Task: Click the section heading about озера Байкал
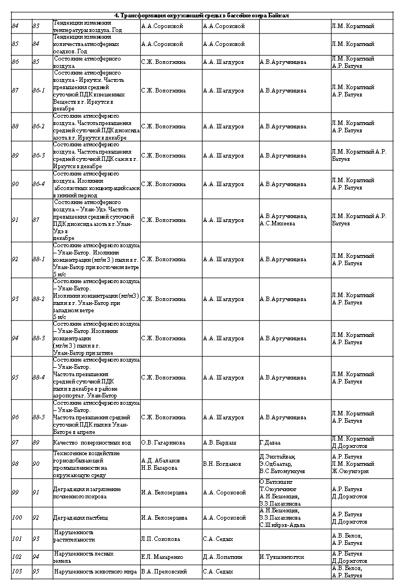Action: tap(202, 15)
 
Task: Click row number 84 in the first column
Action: tap(15, 26)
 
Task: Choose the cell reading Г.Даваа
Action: tap(270, 442)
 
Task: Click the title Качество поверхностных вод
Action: tap(92, 442)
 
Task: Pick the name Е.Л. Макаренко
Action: tap(163, 557)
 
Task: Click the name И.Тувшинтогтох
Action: tap(282, 557)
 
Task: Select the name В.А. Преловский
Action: tap(164, 572)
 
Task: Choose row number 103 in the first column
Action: tap(17, 572)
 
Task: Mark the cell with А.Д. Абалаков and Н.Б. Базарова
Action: tap(160, 464)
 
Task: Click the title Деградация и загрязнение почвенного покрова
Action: tap(87, 492)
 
